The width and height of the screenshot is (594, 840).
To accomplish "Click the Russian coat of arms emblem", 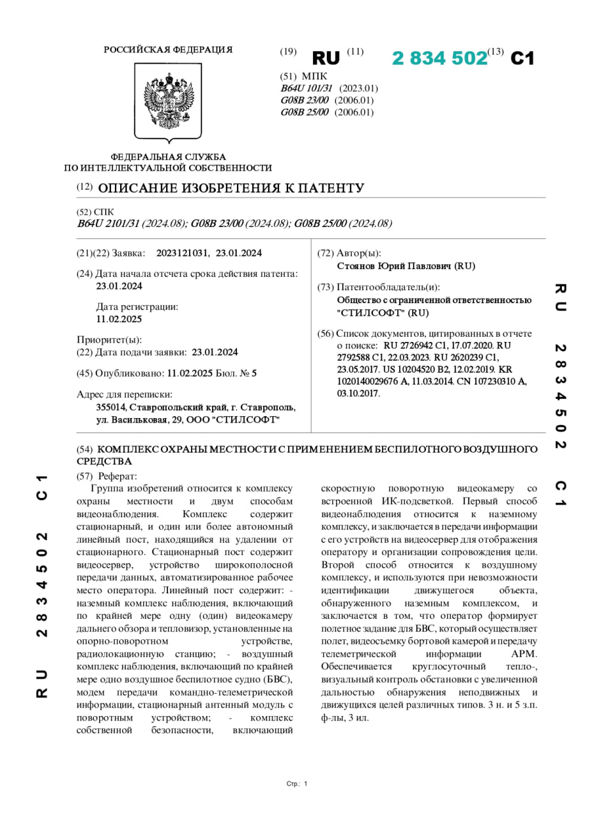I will pyautogui.click(x=168, y=102).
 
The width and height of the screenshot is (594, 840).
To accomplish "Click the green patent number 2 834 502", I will pyautogui.click(x=440, y=58).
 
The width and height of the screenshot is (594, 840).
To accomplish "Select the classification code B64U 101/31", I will pyautogui.click(x=307, y=89).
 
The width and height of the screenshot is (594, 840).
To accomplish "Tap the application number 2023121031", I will pyautogui.click(x=182, y=253).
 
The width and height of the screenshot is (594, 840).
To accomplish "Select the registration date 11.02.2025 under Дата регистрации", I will pyautogui.click(x=119, y=319).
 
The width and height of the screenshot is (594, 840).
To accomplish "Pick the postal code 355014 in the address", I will pyautogui.click(x=114, y=407).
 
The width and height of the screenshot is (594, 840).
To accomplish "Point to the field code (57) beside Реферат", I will pyautogui.click(x=85, y=476).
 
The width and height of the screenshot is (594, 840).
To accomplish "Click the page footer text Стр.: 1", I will pyautogui.click(x=297, y=784).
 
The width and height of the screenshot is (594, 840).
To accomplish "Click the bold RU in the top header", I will pyautogui.click(x=326, y=58).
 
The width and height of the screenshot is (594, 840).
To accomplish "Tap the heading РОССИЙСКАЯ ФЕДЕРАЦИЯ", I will pyautogui.click(x=168, y=50).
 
